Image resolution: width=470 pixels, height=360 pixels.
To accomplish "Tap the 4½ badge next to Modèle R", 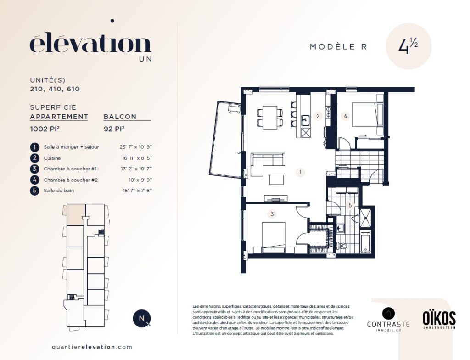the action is (x=408, y=46).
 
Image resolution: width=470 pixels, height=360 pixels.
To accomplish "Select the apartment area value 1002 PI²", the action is (x=45, y=129).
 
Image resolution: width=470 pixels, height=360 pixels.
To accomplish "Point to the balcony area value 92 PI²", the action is (x=114, y=129).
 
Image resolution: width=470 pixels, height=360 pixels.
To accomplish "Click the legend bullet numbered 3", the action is (x=34, y=169).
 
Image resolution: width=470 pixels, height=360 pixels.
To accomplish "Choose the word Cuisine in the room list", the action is (x=52, y=158).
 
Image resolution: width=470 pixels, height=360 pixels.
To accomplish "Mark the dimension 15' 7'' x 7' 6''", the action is (x=138, y=191).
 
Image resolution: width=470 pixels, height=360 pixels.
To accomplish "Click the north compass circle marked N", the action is (x=141, y=318).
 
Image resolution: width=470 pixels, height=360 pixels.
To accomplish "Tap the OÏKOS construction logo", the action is (x=439, y=320).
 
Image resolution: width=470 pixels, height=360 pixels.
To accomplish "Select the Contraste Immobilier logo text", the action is (x=388, y=325).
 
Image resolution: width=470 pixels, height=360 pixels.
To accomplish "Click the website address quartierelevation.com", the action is (x=92, y=347).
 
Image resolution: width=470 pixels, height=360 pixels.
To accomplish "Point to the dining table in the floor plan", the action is (x=270, y=117).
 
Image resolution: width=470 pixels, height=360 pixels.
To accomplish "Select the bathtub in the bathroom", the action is (x=366, y=243).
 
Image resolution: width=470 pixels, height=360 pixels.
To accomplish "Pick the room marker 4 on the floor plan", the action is (x=346, y=116).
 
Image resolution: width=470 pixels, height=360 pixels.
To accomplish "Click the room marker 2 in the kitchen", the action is (x=318, y=116).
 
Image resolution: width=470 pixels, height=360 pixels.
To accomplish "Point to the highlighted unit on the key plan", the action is (x=75, y=215).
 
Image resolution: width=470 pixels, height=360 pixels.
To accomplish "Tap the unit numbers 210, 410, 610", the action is (x=55, y=89).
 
